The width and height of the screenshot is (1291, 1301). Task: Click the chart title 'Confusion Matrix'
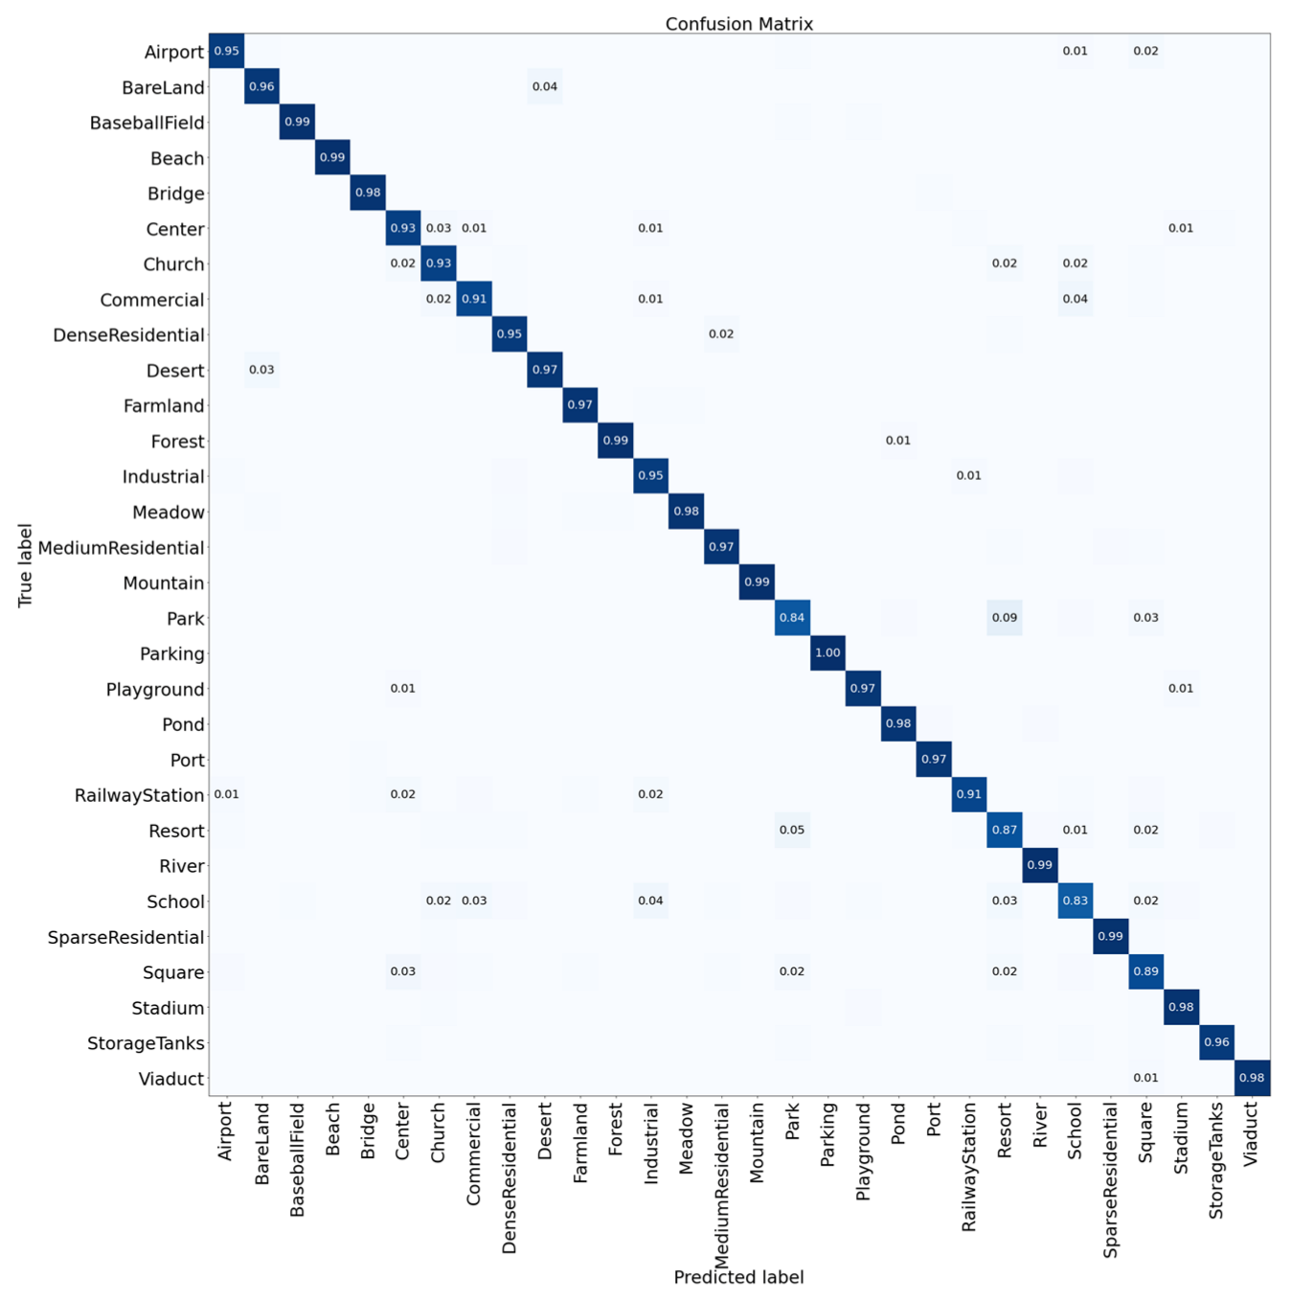pos(738,24)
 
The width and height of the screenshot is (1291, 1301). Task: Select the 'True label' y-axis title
pos(26,565)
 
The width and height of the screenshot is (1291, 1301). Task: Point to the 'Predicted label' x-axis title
pos(738,1277)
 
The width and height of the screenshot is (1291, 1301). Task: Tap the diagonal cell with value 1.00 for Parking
pos(827,653)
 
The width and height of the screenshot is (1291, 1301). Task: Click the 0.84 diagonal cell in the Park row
pos(792,618)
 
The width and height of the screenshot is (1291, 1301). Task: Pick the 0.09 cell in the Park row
pos(1005,618)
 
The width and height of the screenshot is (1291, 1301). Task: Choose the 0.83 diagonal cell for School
pos(1076,901)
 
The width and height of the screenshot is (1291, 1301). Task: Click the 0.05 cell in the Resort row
pos(792,830)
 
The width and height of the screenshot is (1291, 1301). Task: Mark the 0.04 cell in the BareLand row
pos(545,87)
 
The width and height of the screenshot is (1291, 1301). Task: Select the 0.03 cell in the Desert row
pos(261,370)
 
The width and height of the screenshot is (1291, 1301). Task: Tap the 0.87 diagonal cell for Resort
pos(1005,830)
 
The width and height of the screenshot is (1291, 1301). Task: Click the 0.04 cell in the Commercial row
pos(1076,299)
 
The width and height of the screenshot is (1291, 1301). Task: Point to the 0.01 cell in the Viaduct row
pos(1146,1078)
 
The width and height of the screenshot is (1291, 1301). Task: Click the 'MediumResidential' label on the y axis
pos(122,548)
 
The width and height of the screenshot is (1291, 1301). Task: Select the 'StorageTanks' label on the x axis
pos(1216,1160)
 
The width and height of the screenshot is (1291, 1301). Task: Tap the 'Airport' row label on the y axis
pos(174,52)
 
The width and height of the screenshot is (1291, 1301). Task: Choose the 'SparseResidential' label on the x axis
pos(1111,1179)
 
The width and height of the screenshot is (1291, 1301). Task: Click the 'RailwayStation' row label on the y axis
pos(140,795)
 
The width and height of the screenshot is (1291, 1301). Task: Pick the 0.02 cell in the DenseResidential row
pos(721,334)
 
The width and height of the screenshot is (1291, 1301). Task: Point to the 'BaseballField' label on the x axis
pos(297,1159)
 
